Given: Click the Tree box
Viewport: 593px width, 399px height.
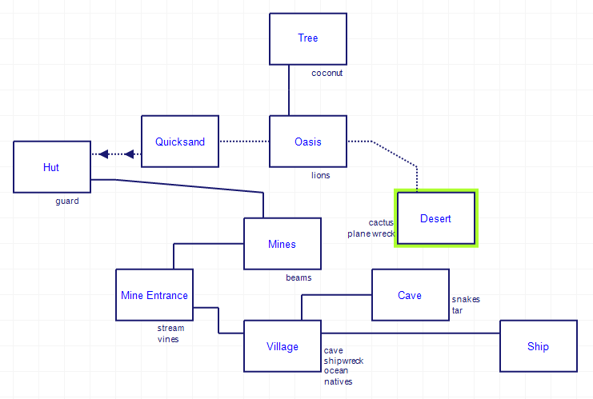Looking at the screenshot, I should (x=308, y=38).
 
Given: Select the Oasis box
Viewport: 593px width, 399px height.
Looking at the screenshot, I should (x=308, y=142).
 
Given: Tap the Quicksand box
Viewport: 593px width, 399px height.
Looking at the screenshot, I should (x=180, y=142).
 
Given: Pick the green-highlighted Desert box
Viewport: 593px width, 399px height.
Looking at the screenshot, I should (x=436, y=218).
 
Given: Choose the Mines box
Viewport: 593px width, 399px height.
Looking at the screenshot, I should (x=282, y=244).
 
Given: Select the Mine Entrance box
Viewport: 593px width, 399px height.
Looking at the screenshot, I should (x=154, y=295).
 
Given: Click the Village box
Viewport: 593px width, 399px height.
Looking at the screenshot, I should (x=282, y=346).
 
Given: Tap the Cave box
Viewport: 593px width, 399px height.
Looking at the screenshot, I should (x=410, y=295).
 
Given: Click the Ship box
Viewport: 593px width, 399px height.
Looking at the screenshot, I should (x=539, y=346).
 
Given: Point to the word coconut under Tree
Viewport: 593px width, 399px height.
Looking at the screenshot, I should (x=327, y=73).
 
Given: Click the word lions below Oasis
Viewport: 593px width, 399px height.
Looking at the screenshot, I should (x=320, y=175).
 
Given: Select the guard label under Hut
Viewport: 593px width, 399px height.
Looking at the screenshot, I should (x=67, y=201).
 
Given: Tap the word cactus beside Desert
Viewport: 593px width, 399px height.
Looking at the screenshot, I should (x=381, y=222).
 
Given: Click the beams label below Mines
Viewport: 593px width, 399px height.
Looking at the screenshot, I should (x=299, y=278).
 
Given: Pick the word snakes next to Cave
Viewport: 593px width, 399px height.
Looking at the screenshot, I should (x=466, y=299).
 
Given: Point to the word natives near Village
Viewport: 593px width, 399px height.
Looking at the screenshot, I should (x=338, y=382).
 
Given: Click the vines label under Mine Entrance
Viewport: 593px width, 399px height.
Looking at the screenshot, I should (x=168, y=339).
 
